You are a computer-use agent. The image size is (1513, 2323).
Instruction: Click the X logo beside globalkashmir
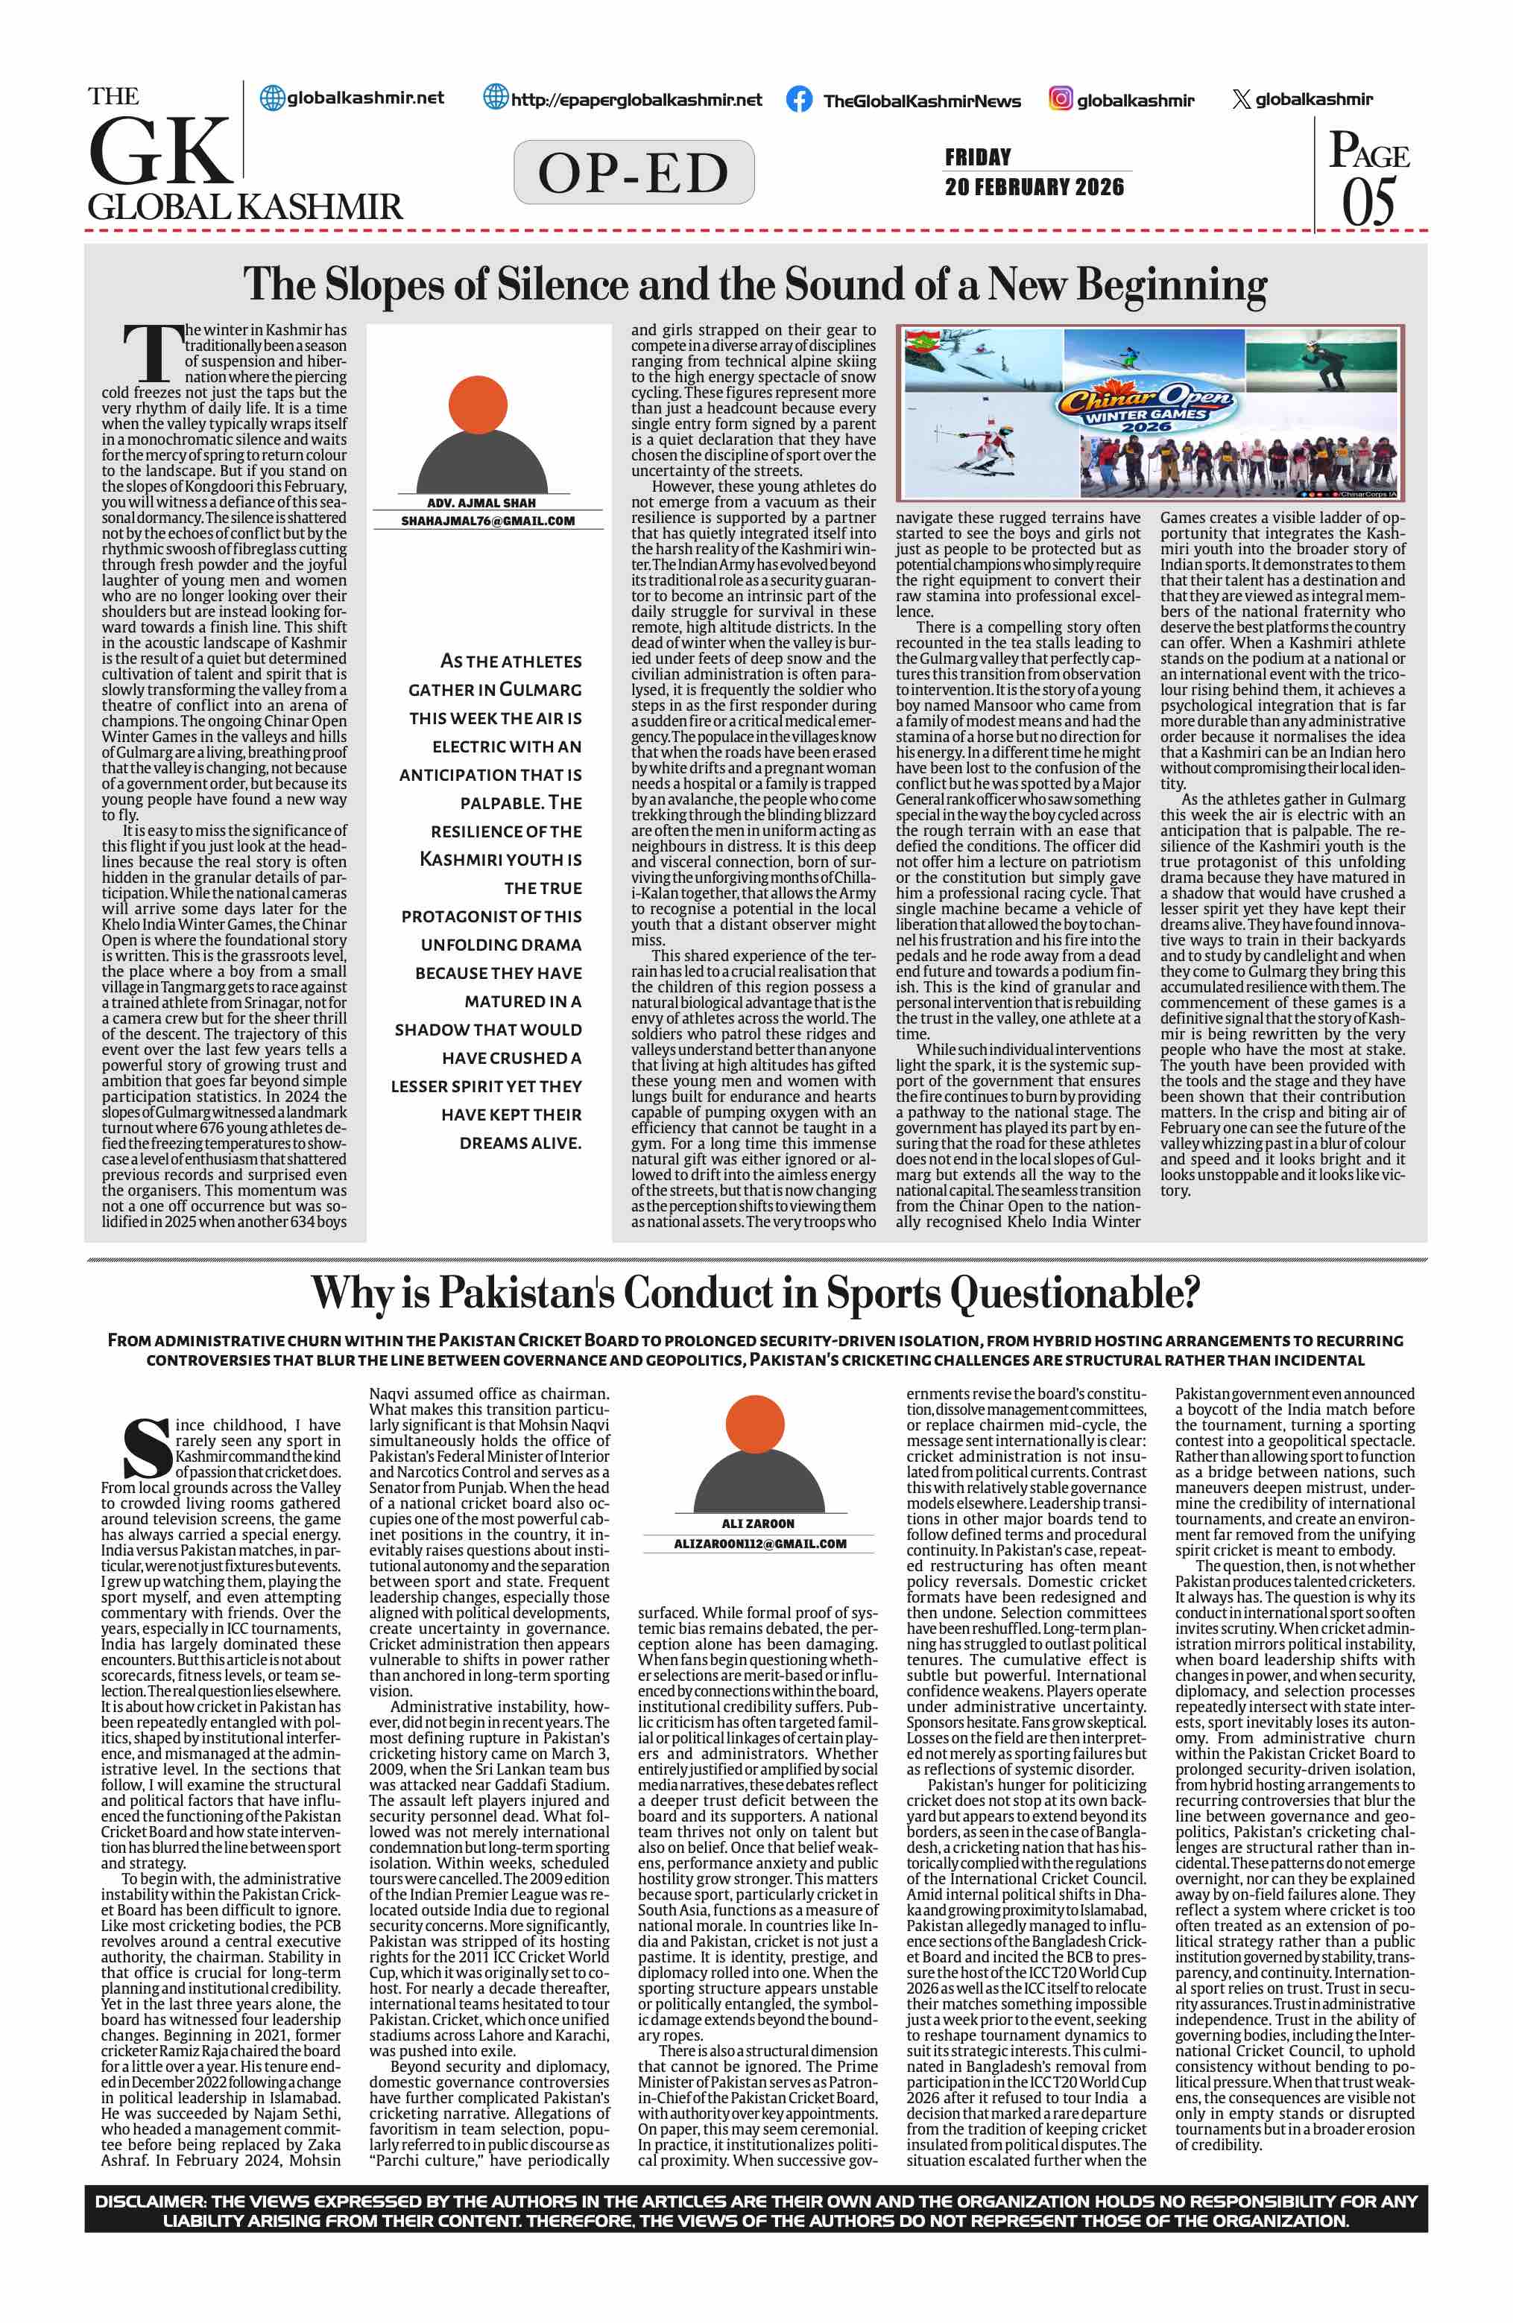[x=1241, y=98]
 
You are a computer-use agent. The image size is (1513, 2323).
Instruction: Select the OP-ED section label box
[x=634, y=173]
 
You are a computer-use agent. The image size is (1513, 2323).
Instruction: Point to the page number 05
[x=1368, y=202]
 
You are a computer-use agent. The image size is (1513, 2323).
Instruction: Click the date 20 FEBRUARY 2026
[x=1034, y=186]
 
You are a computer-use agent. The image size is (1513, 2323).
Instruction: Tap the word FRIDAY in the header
[x=977, y=156]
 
